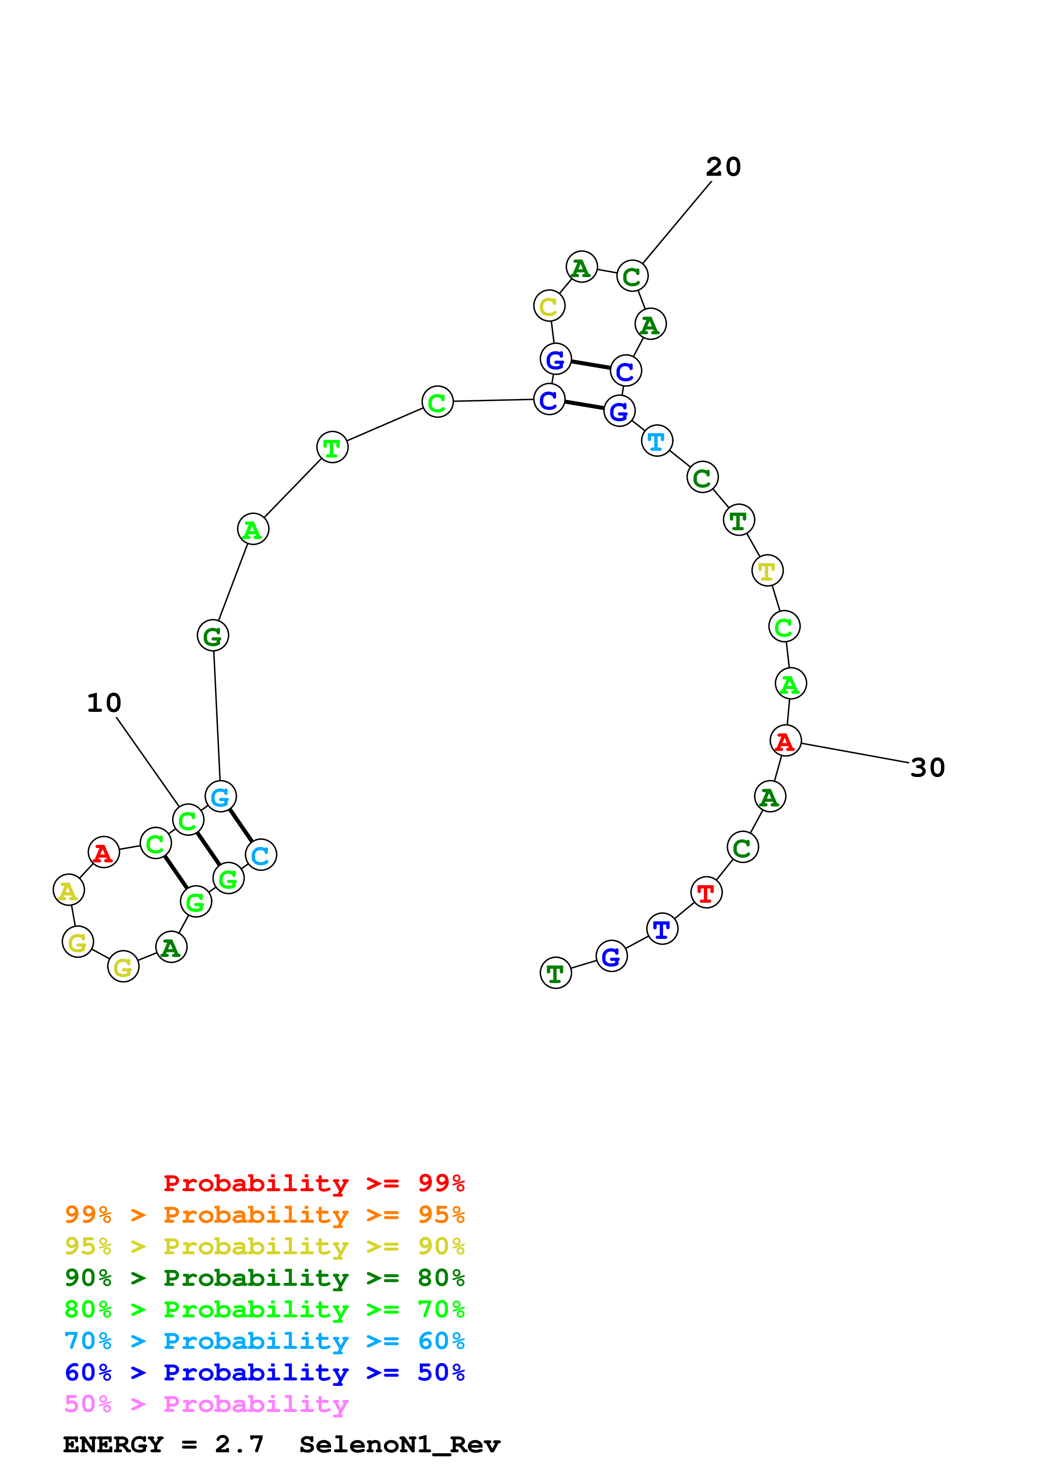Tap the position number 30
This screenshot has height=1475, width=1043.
pos(927,768)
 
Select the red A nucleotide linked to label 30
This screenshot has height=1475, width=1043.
pos(786,741)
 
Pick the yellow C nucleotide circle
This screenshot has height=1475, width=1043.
pos(549,307)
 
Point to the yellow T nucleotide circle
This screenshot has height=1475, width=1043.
pos(767,571)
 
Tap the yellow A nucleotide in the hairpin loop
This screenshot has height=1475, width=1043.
pos(69,891)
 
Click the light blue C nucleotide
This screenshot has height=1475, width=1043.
pos(261,855)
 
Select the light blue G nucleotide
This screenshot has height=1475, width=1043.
pos(220,797)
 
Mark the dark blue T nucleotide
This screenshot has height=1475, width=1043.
pos(662,929)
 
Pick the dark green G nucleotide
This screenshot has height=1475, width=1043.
pos(213,636)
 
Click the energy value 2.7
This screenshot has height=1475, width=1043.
pos(239,1444)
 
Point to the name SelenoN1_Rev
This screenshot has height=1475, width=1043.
pos(399,1444)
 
